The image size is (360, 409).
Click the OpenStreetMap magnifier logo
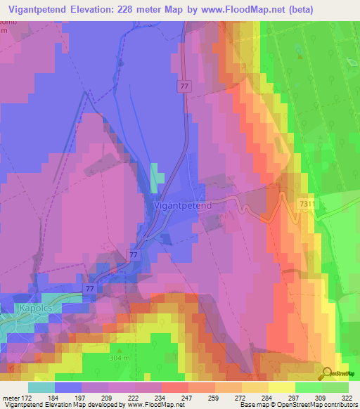click(328, 373)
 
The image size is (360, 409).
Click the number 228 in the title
click(148, 9)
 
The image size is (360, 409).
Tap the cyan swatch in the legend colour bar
click(41, 387)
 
